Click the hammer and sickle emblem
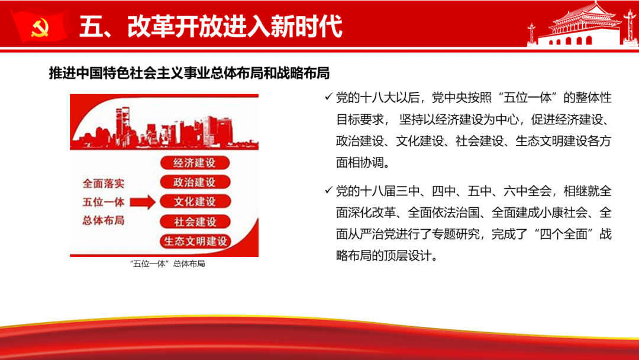[x=40, y=28]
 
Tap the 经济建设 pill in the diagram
[x=195, y=163]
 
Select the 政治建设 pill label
[x=195, y=182]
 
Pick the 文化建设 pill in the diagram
[x=195, y=201]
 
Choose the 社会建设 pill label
[x=195, y=221]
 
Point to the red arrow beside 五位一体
[x=143, y=202]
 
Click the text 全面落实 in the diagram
[x=104, y=184]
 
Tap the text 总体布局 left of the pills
[x=104, y=221]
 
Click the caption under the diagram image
[x=167, y=263]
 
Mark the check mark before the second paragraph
[x=328, y=190]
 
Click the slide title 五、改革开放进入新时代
[x=211, y=27]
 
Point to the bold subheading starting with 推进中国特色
[x=189, y=73]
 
